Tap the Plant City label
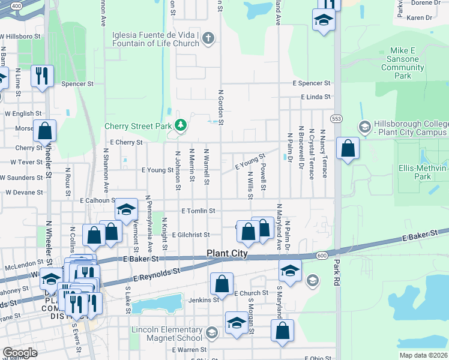point(228,254)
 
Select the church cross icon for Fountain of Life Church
point(208,39)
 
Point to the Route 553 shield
point(337,119)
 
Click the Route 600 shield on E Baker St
point(322,255)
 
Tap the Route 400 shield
point(17,5)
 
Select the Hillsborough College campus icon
point(364,127)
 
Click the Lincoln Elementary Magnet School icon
point(211,332)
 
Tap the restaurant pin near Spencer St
point(41,76)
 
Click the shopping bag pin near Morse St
point(44,130)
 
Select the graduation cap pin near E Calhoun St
point(126,209)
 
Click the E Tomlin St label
point(198,211)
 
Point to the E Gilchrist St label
point(190,235)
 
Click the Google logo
point(20,352)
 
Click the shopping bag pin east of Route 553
point(348,148)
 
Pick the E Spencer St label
point(312,83)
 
